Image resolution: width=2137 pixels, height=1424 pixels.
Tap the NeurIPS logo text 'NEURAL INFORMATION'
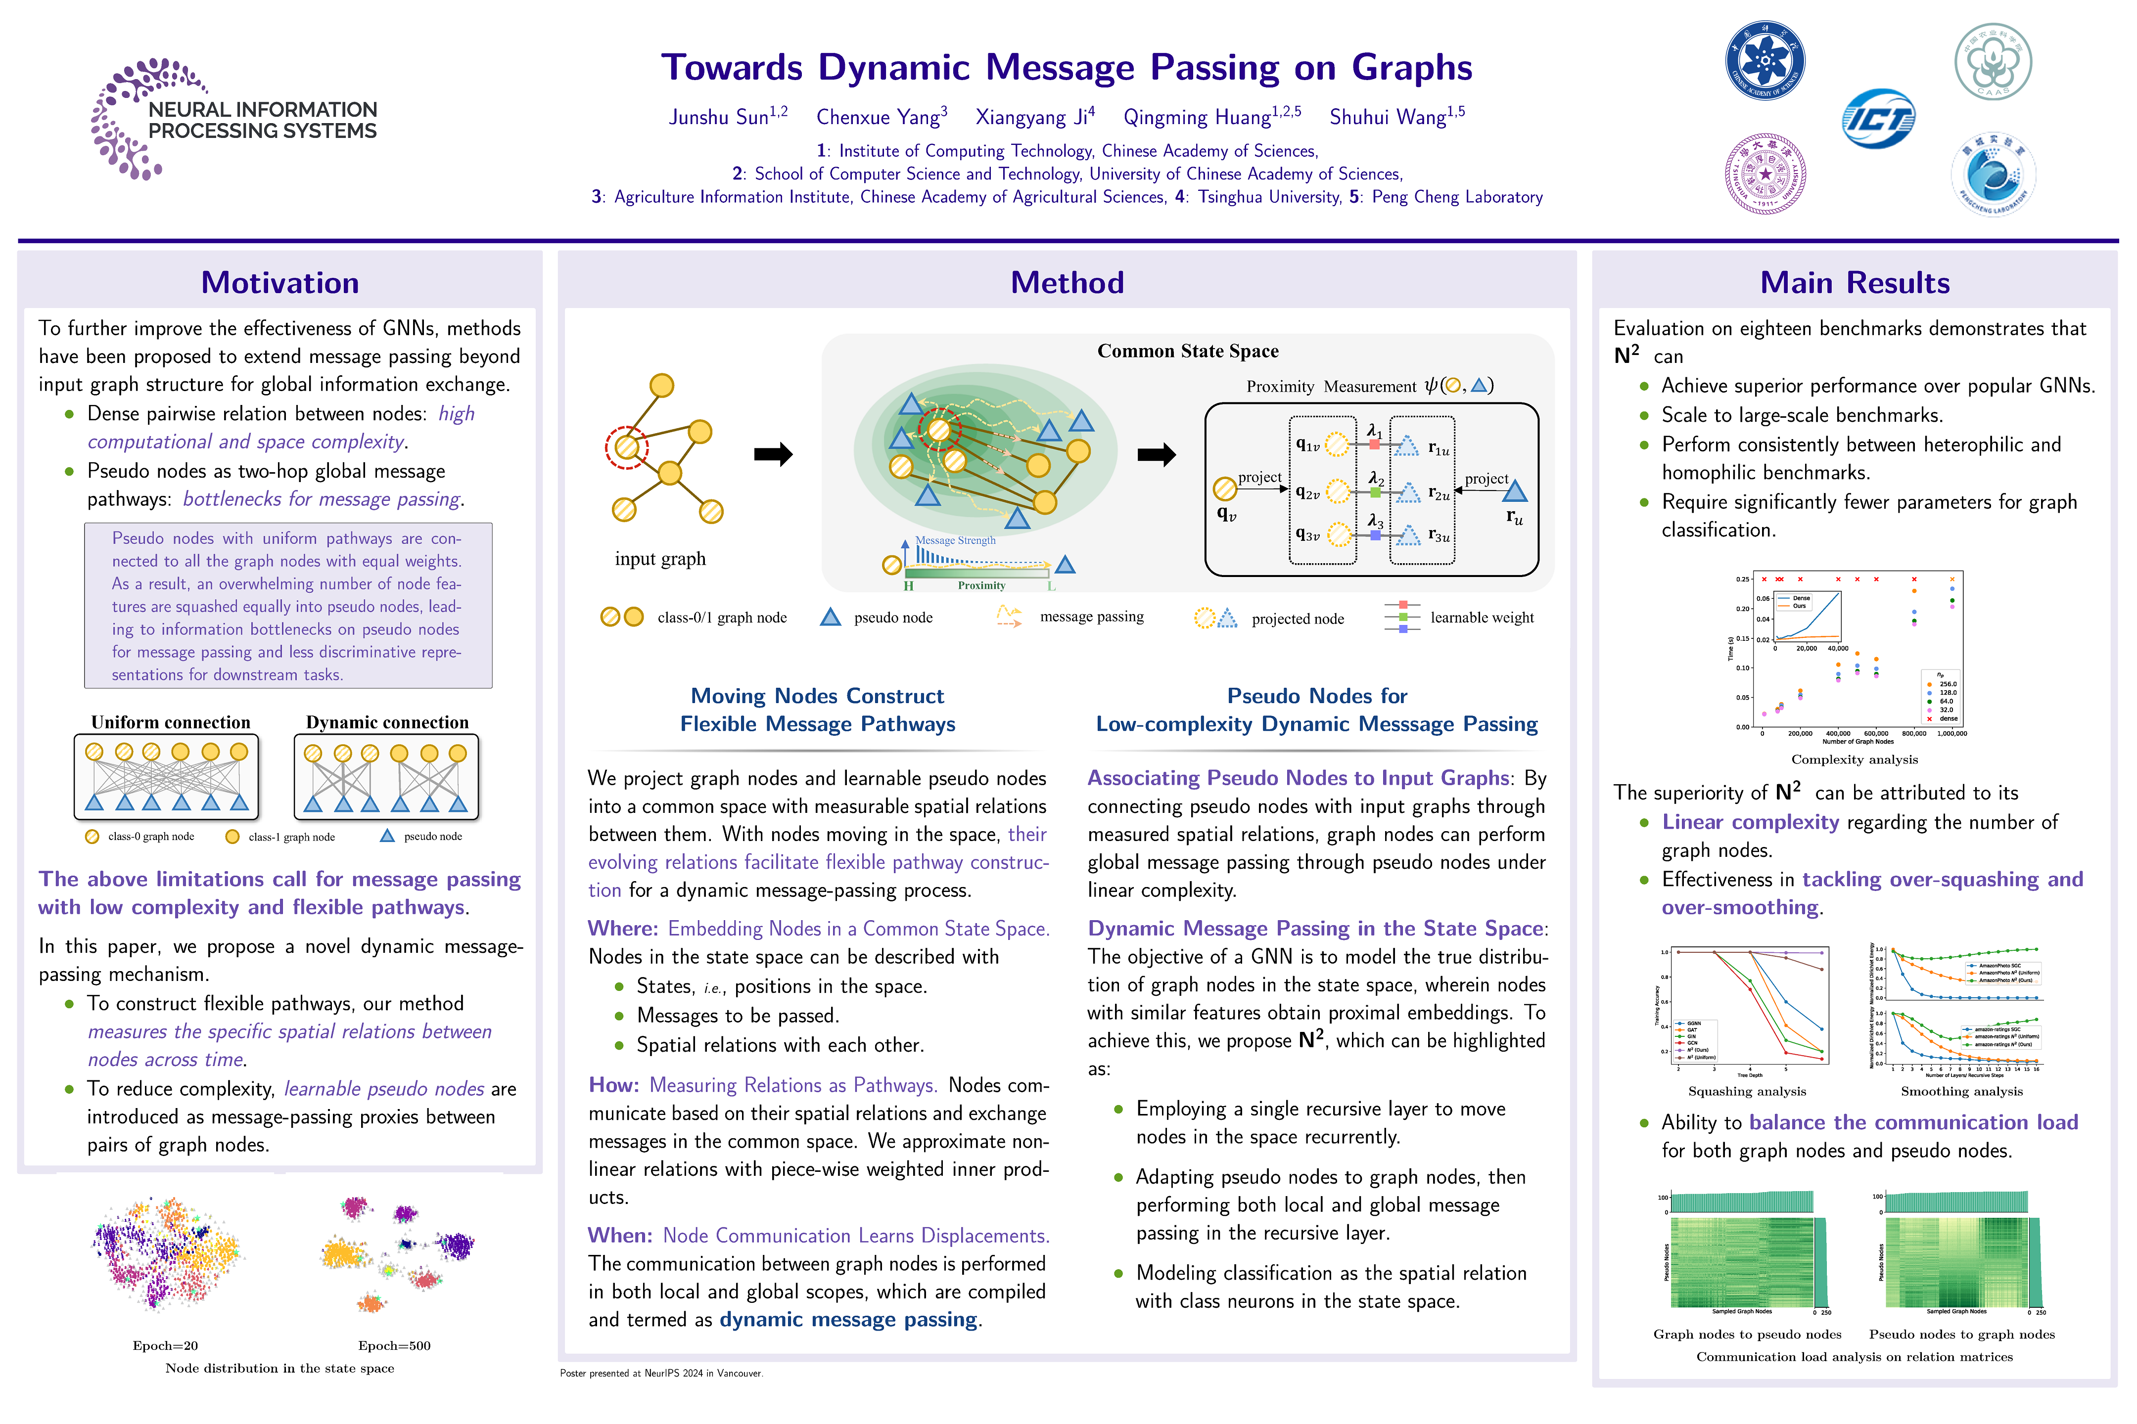coord(263,110)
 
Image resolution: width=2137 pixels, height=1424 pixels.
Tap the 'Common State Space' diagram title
coord(1188,352)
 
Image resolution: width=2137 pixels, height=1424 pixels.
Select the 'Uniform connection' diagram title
coord(171,722)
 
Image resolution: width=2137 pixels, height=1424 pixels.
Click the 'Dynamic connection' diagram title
coord(387,722)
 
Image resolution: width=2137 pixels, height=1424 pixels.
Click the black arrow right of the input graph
coord(773,454)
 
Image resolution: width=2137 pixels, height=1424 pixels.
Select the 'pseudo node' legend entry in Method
coord(892,618)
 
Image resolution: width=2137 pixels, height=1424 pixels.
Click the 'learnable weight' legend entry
coord(1481,618)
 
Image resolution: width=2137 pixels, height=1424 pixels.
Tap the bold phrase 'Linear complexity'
coord(1750,822)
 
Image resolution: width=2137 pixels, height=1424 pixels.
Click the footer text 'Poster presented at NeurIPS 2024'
coord(660,1373)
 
